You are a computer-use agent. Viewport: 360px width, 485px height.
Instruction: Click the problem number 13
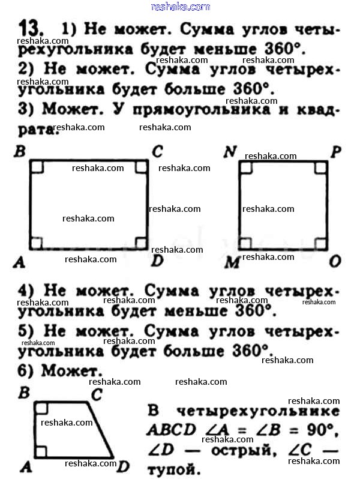point(30,28)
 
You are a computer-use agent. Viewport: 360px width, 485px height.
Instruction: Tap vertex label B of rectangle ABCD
point(19,151)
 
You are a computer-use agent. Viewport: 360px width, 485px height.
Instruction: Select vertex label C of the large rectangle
point(157,151)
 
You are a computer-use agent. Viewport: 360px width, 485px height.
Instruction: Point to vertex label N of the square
point(229,152)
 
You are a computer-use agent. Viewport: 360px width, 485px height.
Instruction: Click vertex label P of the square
point(335,151)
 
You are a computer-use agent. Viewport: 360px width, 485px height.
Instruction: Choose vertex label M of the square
point(231,262)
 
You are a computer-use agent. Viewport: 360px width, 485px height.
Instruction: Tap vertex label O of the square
point(335,261)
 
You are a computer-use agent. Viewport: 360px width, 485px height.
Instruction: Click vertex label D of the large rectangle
point(157,261)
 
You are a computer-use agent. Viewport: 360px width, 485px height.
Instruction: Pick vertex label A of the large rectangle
point(19,262)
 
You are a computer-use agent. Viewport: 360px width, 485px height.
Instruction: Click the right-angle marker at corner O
point(320,243)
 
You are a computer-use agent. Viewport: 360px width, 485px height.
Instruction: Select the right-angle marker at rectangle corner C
point(141,166)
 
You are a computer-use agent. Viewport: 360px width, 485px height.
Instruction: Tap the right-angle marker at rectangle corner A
point(37,243)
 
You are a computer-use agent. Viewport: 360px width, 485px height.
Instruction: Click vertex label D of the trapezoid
point(123,466)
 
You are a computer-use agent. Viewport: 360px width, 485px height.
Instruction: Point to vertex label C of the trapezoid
point(96,394)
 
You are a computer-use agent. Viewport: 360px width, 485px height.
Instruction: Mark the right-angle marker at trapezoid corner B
point(41,409)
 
